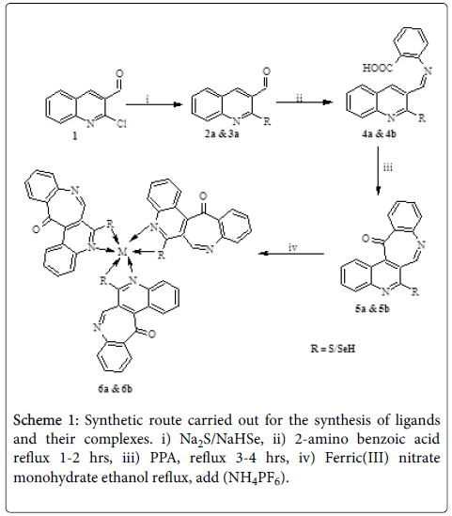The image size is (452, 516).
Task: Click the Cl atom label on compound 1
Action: [x=121, y=123]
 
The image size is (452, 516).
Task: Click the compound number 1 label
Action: [x=74, y=135]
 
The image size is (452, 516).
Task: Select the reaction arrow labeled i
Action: [x=153, y=104]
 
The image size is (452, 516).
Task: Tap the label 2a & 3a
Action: [x=222, y=134]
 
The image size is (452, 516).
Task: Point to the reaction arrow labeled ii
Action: [x=304, y=102]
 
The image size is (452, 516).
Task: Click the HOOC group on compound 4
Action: [x=378, y=68]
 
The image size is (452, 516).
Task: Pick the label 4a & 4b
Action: [x=379, y=134]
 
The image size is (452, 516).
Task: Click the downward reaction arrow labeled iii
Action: [x=378, y=170]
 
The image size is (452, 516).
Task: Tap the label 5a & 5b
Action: [x=372, y=308]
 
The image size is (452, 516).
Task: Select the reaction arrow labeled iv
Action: [x=291, y=254]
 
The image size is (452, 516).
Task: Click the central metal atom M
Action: [x=122, y=252]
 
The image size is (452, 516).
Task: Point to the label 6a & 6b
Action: [x=116, y=389]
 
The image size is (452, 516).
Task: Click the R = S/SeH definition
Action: [x=333, y=349]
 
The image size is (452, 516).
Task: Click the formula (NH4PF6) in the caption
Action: [x=256, y=477]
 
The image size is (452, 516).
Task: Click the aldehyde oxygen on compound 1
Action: [x=119, y=73]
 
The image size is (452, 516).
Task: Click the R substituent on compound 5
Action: [x=415, y=291]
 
